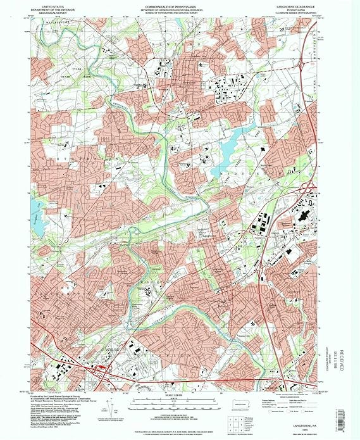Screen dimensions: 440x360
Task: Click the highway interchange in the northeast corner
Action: pyautogui.click(x=312, y=30)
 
